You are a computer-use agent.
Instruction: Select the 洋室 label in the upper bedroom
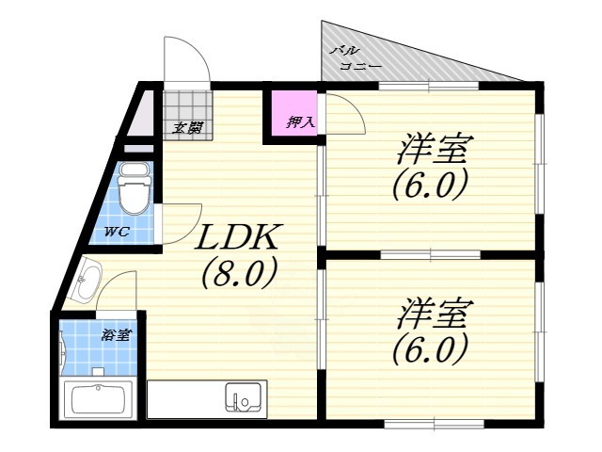click(434, 150)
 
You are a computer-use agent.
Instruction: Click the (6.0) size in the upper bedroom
click(430, 184)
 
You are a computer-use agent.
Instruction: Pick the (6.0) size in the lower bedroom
click(430, 349)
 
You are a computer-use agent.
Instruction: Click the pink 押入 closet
click(293, 115)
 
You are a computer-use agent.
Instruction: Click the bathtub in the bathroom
click(98, 399)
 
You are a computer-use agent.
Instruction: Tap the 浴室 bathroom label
click(117, 335)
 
